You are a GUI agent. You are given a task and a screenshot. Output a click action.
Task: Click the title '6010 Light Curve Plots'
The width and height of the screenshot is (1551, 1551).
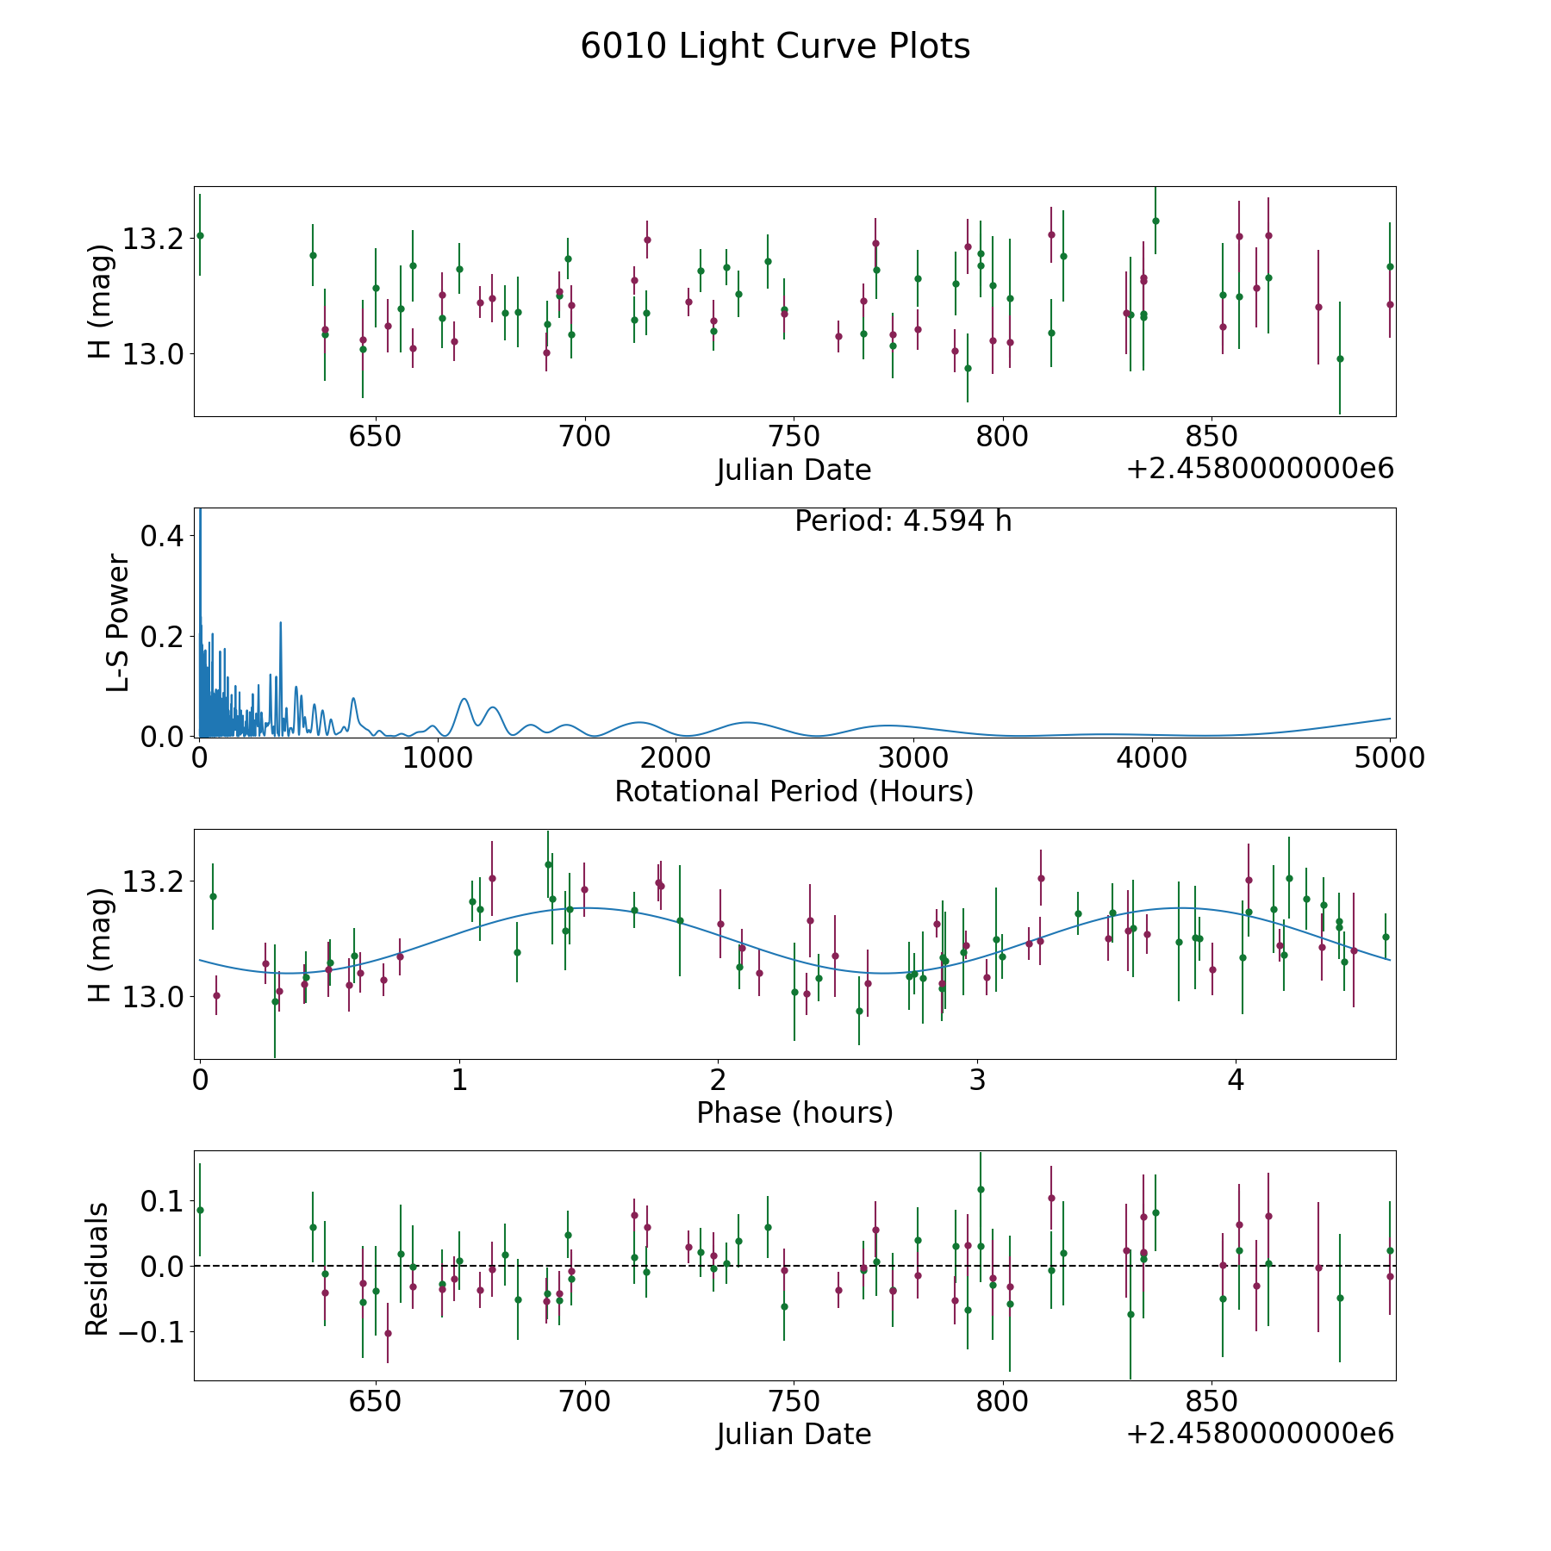tap(775, 47)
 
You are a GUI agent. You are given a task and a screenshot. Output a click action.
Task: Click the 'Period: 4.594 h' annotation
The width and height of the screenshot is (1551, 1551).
tap(902, 521)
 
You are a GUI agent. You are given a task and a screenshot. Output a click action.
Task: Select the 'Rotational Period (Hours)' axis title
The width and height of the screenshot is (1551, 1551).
tap(794, 791)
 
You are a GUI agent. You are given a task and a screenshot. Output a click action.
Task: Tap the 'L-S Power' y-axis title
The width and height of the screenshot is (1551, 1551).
tap(118, 622)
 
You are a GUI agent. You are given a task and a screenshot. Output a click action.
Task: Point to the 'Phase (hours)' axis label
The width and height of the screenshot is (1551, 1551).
tap(794, 1112)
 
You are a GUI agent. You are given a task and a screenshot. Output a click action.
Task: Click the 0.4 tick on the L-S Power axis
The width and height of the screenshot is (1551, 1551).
tap(161, 536)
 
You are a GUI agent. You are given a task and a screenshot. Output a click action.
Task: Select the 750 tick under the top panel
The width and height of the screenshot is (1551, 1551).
tap(794, 437)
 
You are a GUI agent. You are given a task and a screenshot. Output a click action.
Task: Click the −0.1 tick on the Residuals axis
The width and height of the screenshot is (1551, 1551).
tap(149, 1332)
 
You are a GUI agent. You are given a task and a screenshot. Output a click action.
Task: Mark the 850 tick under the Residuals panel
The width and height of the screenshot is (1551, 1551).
tap(1212, 1401)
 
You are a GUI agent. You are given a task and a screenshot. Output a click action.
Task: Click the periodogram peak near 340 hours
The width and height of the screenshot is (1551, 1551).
tap(280, 622)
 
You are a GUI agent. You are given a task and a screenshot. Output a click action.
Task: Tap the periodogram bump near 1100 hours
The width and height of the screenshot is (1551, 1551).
tap(464, 699)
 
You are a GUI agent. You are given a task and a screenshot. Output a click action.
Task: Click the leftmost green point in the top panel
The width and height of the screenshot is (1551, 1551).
tap(200, 235)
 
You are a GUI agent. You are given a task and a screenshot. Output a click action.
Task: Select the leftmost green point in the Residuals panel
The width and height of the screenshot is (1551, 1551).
tap(200, 1210)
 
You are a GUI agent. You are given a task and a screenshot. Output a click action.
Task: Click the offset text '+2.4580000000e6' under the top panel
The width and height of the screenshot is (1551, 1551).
tap(1260, 470)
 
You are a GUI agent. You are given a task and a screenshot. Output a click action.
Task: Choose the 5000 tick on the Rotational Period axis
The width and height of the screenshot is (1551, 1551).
tap(1390, 758)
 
